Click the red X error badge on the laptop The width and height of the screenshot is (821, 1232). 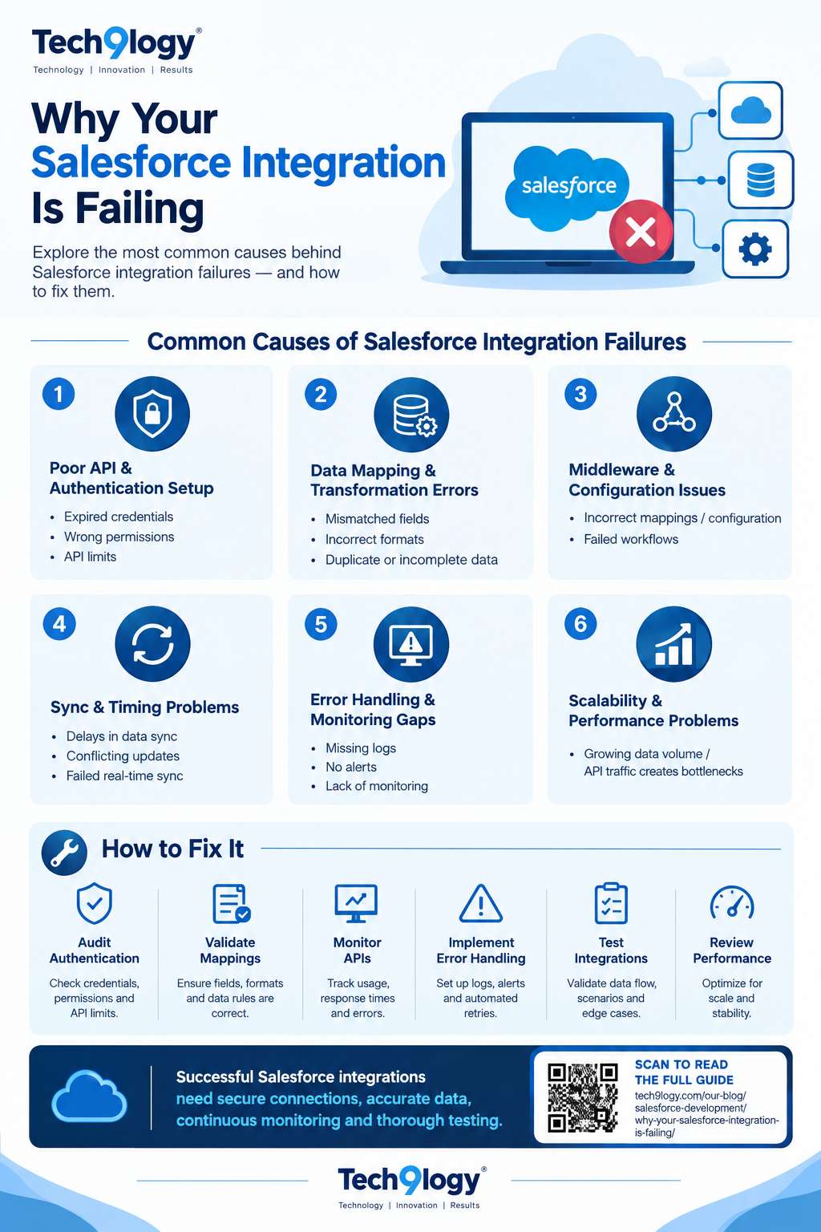tap(641, 231)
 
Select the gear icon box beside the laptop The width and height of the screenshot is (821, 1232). tap(755, 249)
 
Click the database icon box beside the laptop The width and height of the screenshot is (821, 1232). tap(761, 180)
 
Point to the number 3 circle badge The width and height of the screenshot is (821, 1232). tap(580, 394)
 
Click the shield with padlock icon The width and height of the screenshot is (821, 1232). tap(152, 414)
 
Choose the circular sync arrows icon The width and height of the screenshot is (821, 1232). tap(152, 643)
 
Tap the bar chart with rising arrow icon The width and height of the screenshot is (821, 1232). tap(673, 643)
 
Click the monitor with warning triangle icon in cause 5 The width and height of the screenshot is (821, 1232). tap(410, 643)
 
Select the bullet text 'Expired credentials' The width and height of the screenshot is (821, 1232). tap(118, 517)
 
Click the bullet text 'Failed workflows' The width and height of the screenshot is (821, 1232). tap(631, 539)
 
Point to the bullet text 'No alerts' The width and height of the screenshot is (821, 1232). tap(351, 767)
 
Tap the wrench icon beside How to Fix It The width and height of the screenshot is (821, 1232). tap(64, 853)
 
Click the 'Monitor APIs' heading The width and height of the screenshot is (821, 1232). tap(358, 950)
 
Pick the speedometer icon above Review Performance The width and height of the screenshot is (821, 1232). tap(732, 902)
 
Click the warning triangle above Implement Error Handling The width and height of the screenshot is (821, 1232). tap(480, 903)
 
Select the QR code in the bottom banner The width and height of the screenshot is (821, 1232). tap(582, 1097)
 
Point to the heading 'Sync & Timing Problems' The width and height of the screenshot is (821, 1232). tap(144, 707)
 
